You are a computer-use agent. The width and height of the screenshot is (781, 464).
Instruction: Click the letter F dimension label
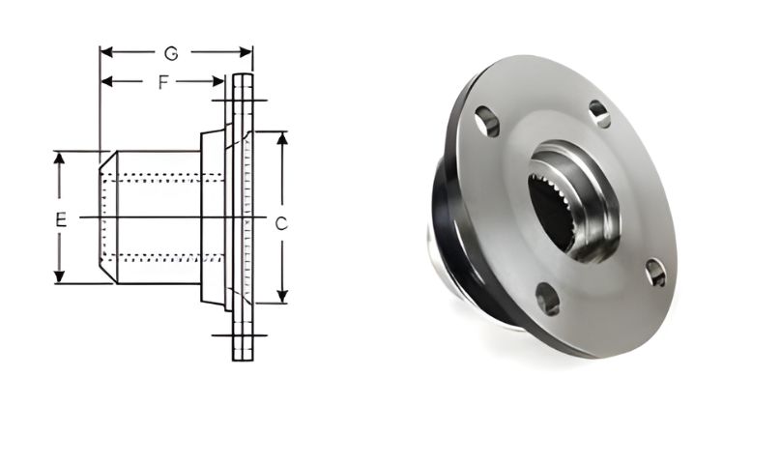point(164,82)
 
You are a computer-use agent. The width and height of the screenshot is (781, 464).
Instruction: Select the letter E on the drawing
point(60,220)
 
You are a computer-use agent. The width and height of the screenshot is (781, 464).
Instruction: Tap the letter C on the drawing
point(281,223)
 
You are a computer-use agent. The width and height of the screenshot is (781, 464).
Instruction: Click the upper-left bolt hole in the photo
point(487,121)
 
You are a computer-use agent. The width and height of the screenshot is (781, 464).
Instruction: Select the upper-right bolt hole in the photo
point(600,113)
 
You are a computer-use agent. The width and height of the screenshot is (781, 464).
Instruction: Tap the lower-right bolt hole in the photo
point(655,273)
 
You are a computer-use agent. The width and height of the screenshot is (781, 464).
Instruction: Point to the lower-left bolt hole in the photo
point(547,299)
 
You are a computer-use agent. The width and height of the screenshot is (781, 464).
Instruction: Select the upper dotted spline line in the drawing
point(164,178)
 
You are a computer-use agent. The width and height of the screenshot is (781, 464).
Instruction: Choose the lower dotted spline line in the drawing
point(164,257)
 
